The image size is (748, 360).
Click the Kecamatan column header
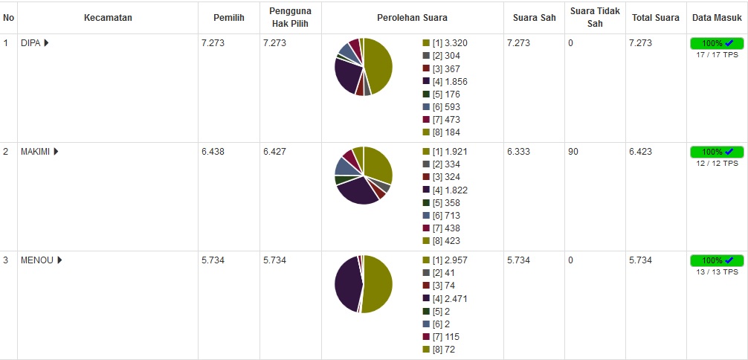pyautogui.click(x=108, y=18)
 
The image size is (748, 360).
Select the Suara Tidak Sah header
pyautogui.click(x=585, y=18)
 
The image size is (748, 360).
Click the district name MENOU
pyautogui.click(x=36, y=260)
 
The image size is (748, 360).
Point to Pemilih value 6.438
pyautogui.click(x=213, y=152)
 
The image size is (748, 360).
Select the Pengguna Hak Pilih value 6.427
pyautogui.click(x=274, y=152)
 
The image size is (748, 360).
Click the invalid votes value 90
pyautogui.click(x=573, y=152)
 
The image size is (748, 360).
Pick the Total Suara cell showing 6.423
pyautogui.click(x=640, y=152)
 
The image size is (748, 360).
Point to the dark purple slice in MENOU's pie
pyautogui.click(x=346, y=283)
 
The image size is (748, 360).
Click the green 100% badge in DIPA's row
pyautogui.click(x=717, y=44)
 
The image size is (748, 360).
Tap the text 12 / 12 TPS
pyautogui.click(x=717, y=163)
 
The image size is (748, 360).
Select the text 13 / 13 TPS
pyautogui.click(x=717, y=271)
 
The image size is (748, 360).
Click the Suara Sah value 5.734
pyautogui.click(x=518, y=260)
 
